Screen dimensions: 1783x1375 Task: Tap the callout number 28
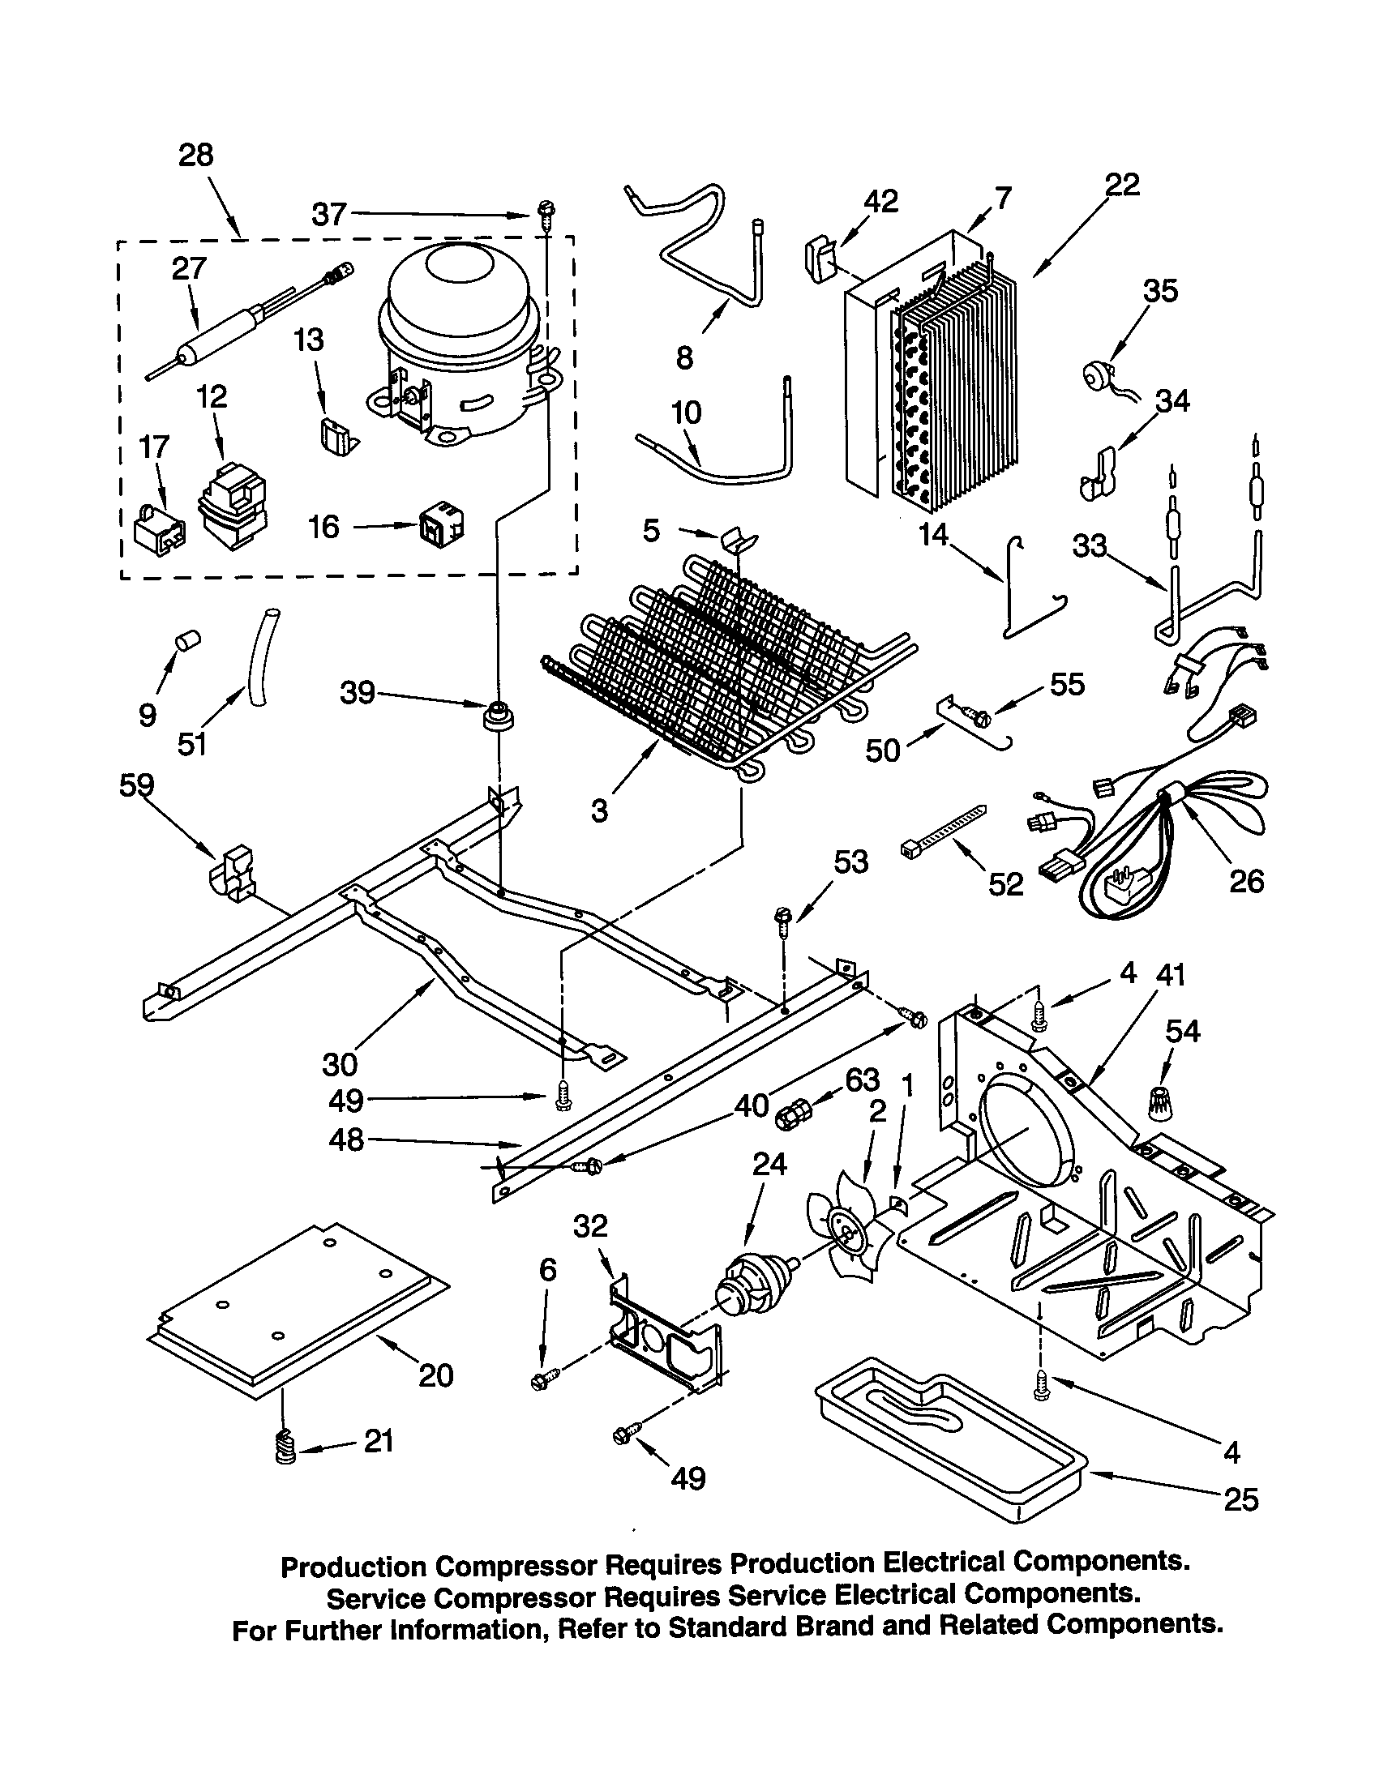coord(196,154)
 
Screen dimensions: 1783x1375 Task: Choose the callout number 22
coord(1122,185)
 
